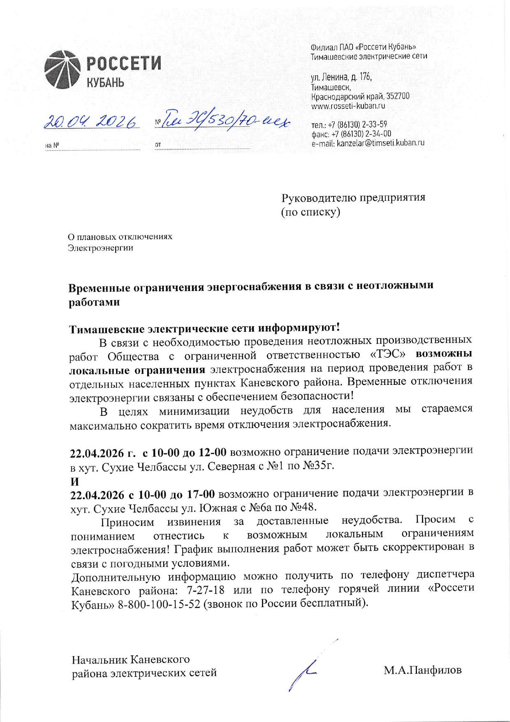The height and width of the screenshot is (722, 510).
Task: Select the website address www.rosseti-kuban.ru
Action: pos(348,106)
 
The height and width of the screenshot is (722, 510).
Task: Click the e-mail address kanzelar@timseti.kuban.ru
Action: pos(380,143)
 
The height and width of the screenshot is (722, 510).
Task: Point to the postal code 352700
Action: pos(398,96)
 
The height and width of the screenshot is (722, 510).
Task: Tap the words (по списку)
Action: pos(311,212)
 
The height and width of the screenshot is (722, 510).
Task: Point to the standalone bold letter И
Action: pos(74,481)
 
